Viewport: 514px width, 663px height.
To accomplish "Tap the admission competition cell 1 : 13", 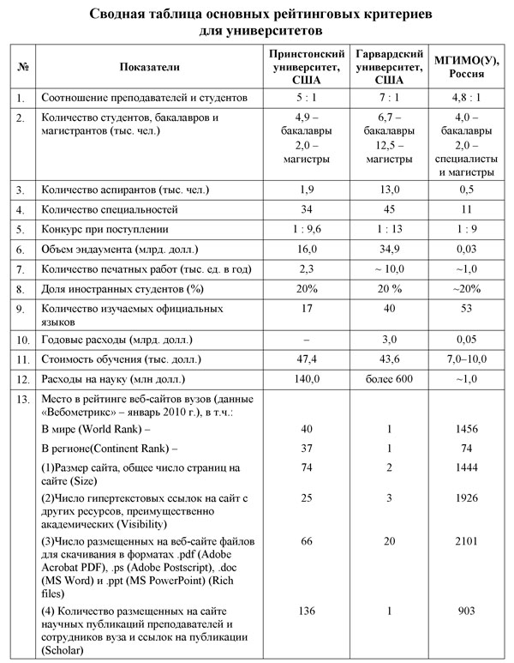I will (390, 230).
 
